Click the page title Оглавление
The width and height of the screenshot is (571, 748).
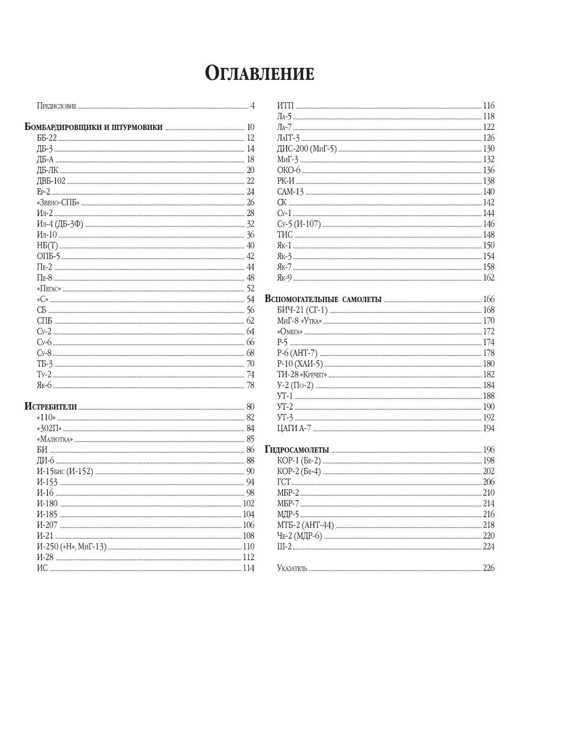coord(260,73)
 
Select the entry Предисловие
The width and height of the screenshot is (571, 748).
coord(56,106)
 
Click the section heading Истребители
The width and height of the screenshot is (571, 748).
coord(51,407)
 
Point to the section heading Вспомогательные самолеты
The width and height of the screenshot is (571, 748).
coord(323,299)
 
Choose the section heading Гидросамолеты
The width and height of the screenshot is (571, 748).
coord(297,450)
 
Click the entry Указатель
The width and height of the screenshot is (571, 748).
coord(292,568)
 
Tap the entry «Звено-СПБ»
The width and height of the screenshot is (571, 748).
coord(58,203)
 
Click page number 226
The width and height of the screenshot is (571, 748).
coord(488,568)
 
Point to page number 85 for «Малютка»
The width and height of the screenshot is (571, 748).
coord(250,439)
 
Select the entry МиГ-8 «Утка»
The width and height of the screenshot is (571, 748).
coord(299,321)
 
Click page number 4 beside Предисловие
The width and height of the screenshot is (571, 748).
coord(252,106)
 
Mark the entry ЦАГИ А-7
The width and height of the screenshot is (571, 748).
coord(294,428)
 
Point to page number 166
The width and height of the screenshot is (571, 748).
coord(488,299)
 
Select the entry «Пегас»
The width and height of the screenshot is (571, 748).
coord(49,289)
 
